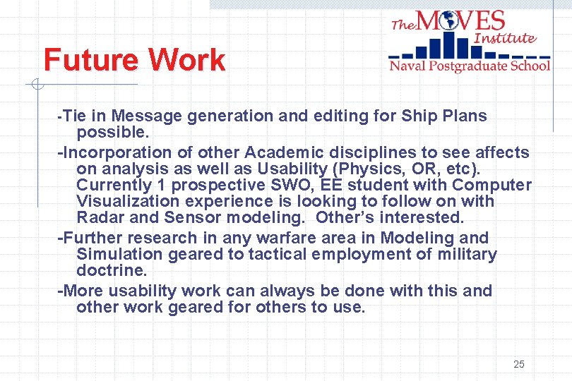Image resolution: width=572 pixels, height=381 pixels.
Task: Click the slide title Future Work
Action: pyautogui.click(x=134, y=60)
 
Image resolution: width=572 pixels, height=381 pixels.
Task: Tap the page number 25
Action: pyautogui.click(x=519, y=364)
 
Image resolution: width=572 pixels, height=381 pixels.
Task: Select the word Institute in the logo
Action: pyautogui.click(x=505, y=38)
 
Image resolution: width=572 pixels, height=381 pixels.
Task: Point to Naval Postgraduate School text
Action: pyautogui.click(x=470, y=66)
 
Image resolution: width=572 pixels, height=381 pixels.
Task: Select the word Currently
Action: pyautogui.click(x=112, y=186)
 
